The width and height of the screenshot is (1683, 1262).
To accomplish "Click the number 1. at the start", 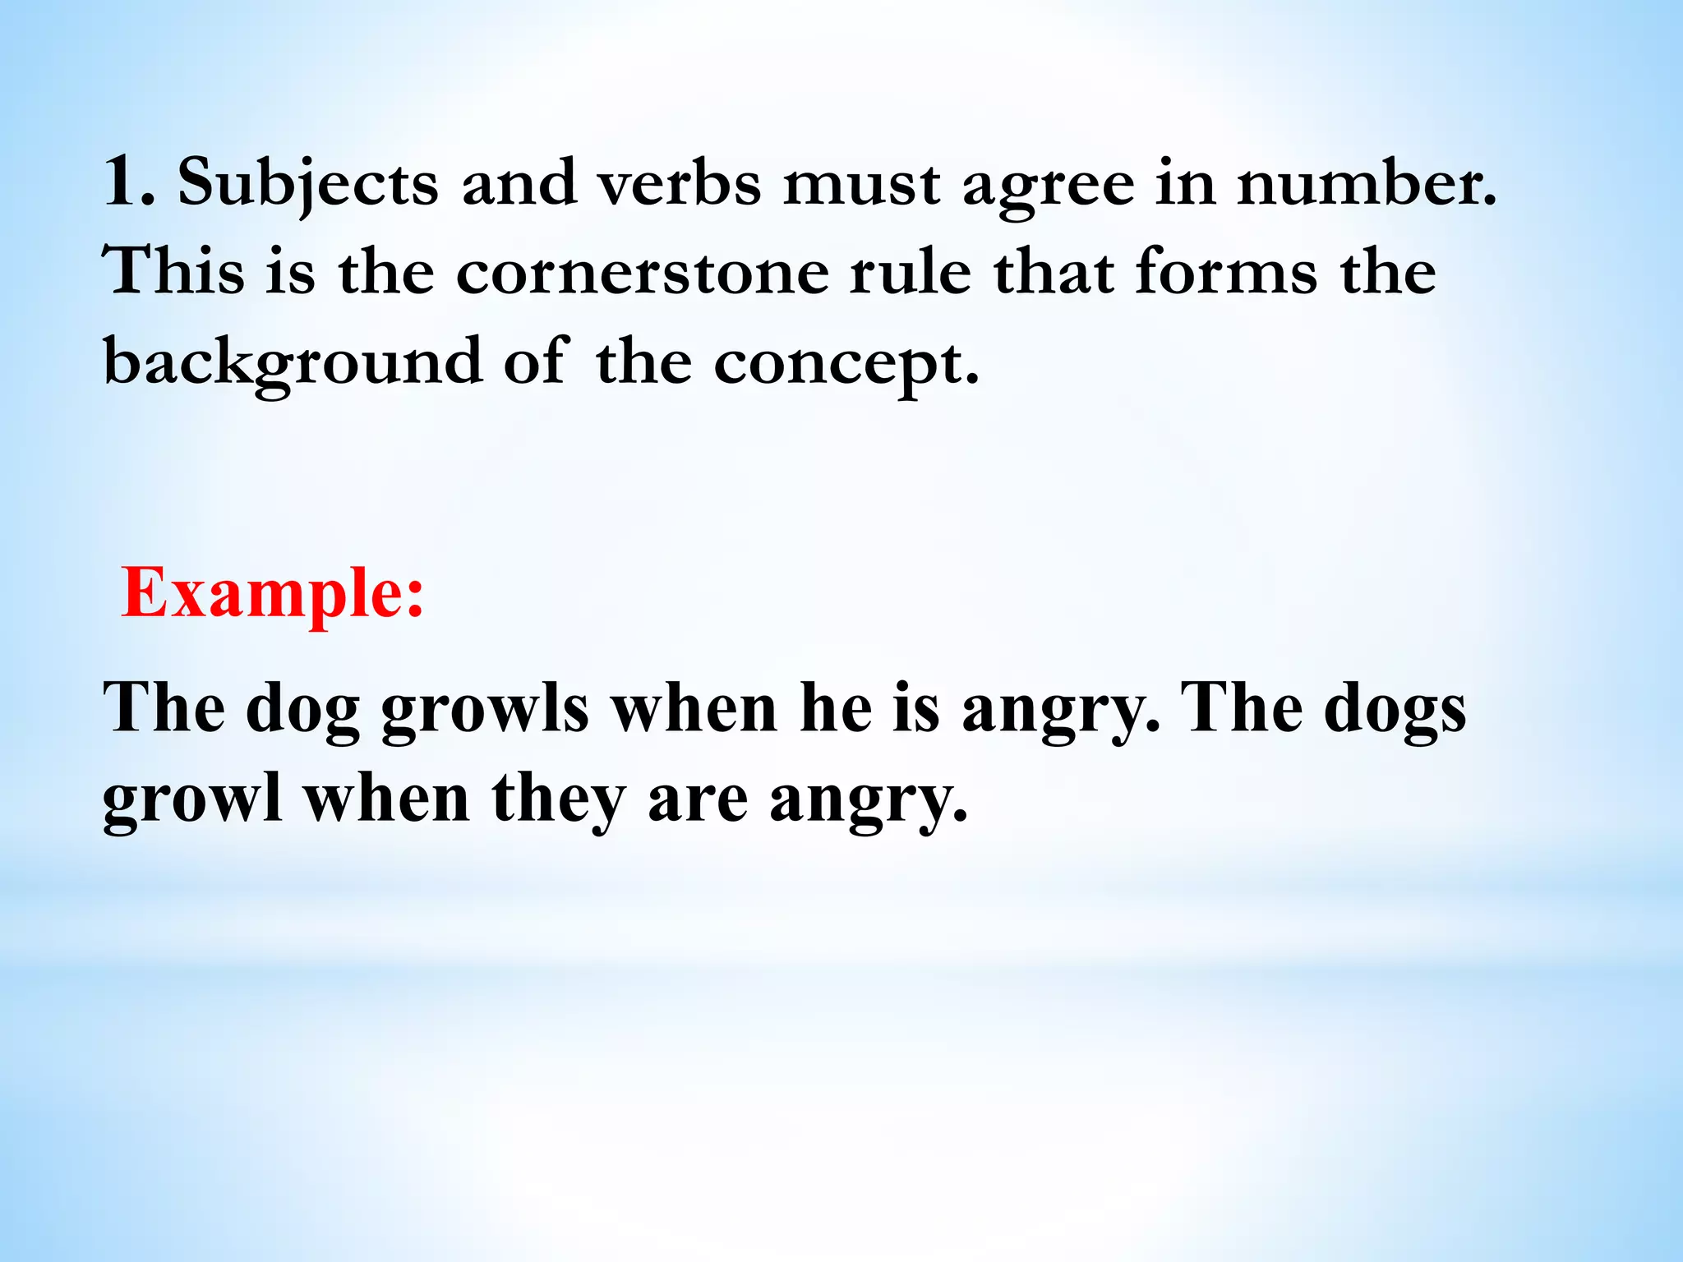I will point(128,182).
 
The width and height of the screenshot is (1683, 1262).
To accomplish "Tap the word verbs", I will point(680,182).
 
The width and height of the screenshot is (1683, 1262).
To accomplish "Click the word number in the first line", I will point(1366,182).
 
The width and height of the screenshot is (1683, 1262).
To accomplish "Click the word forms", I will point(1226,271).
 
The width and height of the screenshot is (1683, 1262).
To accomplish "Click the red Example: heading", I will point(272,593).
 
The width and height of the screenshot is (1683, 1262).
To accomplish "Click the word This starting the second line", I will point(173,271).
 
